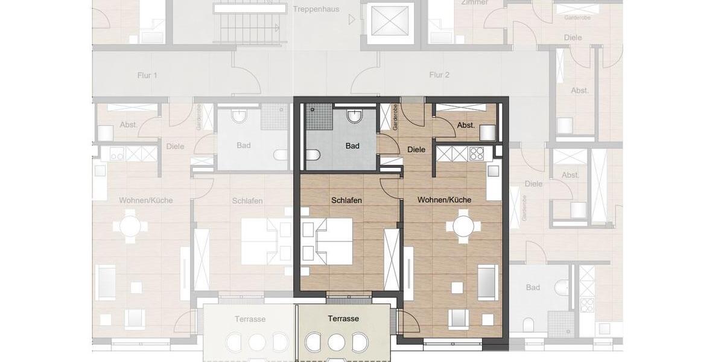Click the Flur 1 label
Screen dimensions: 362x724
(147, 75)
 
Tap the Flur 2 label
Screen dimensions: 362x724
(439, 75)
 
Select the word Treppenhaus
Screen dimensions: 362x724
(316, 9)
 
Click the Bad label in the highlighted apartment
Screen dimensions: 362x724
(352, 146)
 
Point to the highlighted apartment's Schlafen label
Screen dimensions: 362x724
(346, 200)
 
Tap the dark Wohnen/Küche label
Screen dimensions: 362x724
(444, 200)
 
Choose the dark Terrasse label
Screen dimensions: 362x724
(343, 319)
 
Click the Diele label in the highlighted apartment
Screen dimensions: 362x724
(416, 150)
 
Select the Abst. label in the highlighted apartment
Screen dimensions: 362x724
(466, 125)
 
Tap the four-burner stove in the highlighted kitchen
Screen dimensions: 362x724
(477, 153)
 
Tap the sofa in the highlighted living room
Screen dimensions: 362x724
(488, 282)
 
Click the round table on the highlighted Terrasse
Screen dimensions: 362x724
(336, 342)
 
